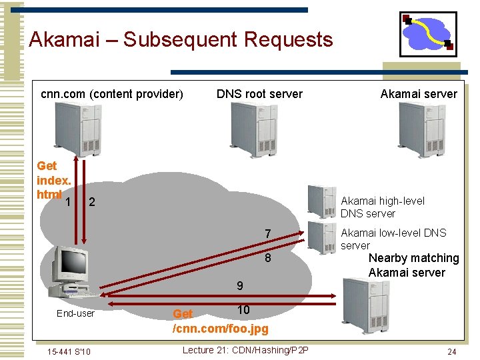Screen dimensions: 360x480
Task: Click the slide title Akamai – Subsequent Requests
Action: pyautogui.click(x=181, y=40)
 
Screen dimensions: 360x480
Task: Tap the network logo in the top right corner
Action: pyautogui.click(x=428, y=34)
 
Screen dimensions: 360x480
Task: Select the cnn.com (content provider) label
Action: pyautogui.click(x=112, y=94)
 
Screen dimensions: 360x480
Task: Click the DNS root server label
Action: pyautogui.click(x=259, y=94)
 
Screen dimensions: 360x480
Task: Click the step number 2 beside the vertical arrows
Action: pyautogui.click(x=92, y=202)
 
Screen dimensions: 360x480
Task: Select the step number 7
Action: pyautogui.click(x=268, y=234)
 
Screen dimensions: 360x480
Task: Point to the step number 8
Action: pyautogui.click(x=268, y=258)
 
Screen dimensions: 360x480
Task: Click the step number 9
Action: pyautogui.click(x=239, y=286)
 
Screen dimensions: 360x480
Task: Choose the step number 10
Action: pyautogui.click(x=243, y=310)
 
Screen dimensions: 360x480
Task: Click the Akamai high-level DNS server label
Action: pyautogui.click(x=382, y=207)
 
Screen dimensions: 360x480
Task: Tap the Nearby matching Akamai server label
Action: pyautogui.click(x=413, y=265)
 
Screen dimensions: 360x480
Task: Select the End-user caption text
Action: pyautogui.click(x=75, y=313)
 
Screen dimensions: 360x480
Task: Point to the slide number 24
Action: pyautogui.click(x=451, y=351)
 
